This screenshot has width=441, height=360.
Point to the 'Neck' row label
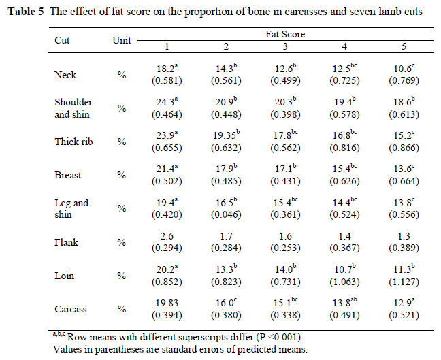click(x=65, y=74)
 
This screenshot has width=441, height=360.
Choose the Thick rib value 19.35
click(x=227, y=136)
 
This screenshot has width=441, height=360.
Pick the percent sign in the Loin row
click(x=122, y=276)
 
